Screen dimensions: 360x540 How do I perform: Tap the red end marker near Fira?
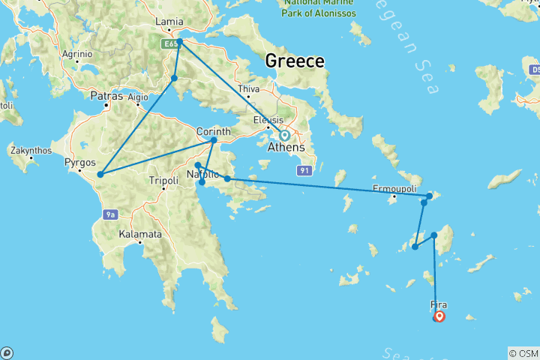[x=439, y=316]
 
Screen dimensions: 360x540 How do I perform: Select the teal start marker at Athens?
[x=285, y=136]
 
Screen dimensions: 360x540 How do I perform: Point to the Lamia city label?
[x=169, y=22]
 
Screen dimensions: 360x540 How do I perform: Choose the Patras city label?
[x=106, y=96]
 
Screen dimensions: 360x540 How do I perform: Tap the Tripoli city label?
[x=164, y=181]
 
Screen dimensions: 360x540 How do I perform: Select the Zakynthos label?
[x=31, y=151]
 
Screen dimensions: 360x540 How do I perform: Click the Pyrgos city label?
[x=79, y=161]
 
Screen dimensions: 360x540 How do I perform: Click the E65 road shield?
[x=169, y=45]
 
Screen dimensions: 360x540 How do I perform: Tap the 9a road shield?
[x=110, y=215]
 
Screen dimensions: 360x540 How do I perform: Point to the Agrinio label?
[x=76, y=54]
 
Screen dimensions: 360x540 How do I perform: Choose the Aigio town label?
[x=138, y=97]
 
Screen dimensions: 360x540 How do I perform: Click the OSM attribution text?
[x=523, y=353]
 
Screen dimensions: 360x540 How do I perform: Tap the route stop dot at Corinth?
[x=214, y=140]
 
